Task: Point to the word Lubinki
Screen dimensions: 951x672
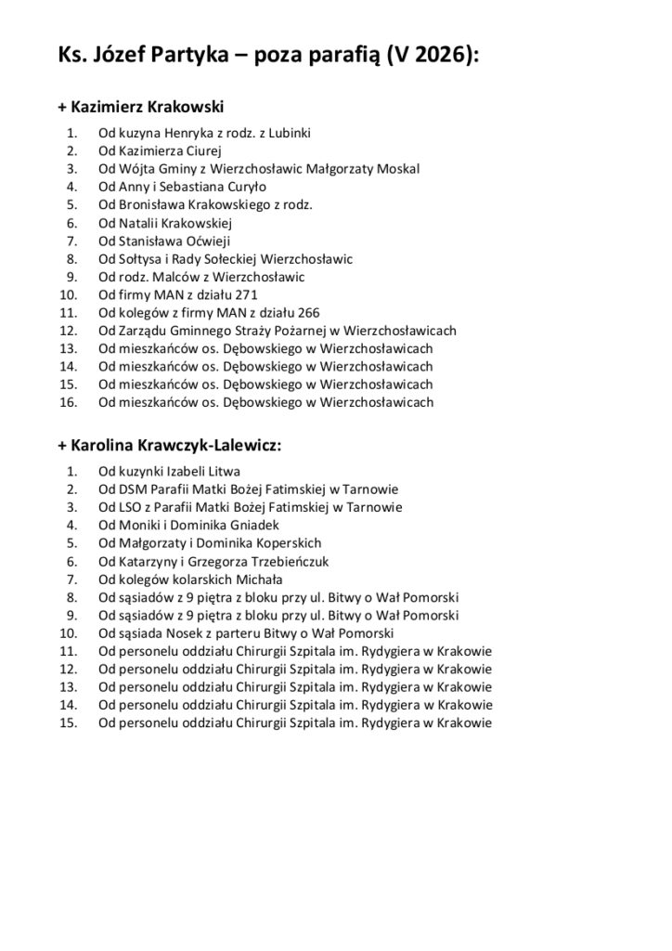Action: [291, 134]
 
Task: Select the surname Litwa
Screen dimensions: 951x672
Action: [231, 472]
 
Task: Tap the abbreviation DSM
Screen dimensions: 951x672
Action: [129, 489]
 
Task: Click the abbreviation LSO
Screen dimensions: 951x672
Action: [127, 507]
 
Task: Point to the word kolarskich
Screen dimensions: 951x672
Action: [187, 580]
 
